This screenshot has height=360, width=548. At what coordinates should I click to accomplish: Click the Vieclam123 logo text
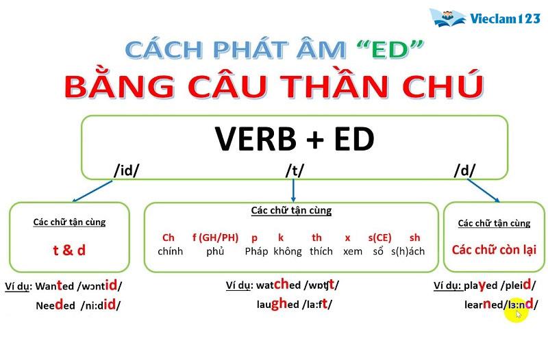(505, 18)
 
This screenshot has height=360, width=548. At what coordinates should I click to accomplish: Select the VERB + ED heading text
(295, 139)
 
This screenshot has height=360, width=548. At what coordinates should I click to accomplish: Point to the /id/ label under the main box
(126, 170)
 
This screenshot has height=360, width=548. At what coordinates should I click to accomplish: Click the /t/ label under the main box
(295, 170)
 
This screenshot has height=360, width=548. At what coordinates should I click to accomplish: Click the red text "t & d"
(69, 250)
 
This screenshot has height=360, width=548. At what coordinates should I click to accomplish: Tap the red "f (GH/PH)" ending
(215, 237)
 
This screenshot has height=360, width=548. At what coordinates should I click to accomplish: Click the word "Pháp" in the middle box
(256, 251)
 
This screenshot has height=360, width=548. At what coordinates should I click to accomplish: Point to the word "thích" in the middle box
(321, 251)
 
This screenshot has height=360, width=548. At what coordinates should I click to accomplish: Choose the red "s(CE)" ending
(379, 237)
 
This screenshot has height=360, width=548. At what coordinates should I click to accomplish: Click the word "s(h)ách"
(408, 251)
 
